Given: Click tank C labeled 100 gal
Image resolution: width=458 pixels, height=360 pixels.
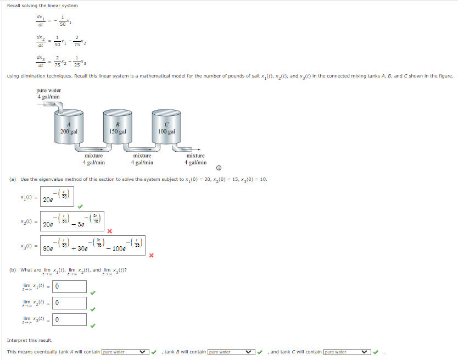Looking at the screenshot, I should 166,127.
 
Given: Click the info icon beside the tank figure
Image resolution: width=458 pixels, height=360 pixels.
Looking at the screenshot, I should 219,168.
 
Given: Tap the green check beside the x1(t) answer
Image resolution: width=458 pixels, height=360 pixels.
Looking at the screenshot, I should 80,207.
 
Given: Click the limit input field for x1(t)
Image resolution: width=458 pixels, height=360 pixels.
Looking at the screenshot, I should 70,286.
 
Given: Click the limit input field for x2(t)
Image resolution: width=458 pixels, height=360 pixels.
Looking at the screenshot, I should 70,303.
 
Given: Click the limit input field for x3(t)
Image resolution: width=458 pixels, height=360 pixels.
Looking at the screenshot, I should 70,319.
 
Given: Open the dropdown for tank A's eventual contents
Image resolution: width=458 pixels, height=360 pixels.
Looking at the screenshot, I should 126,352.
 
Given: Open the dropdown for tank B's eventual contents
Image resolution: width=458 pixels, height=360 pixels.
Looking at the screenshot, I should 232,352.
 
